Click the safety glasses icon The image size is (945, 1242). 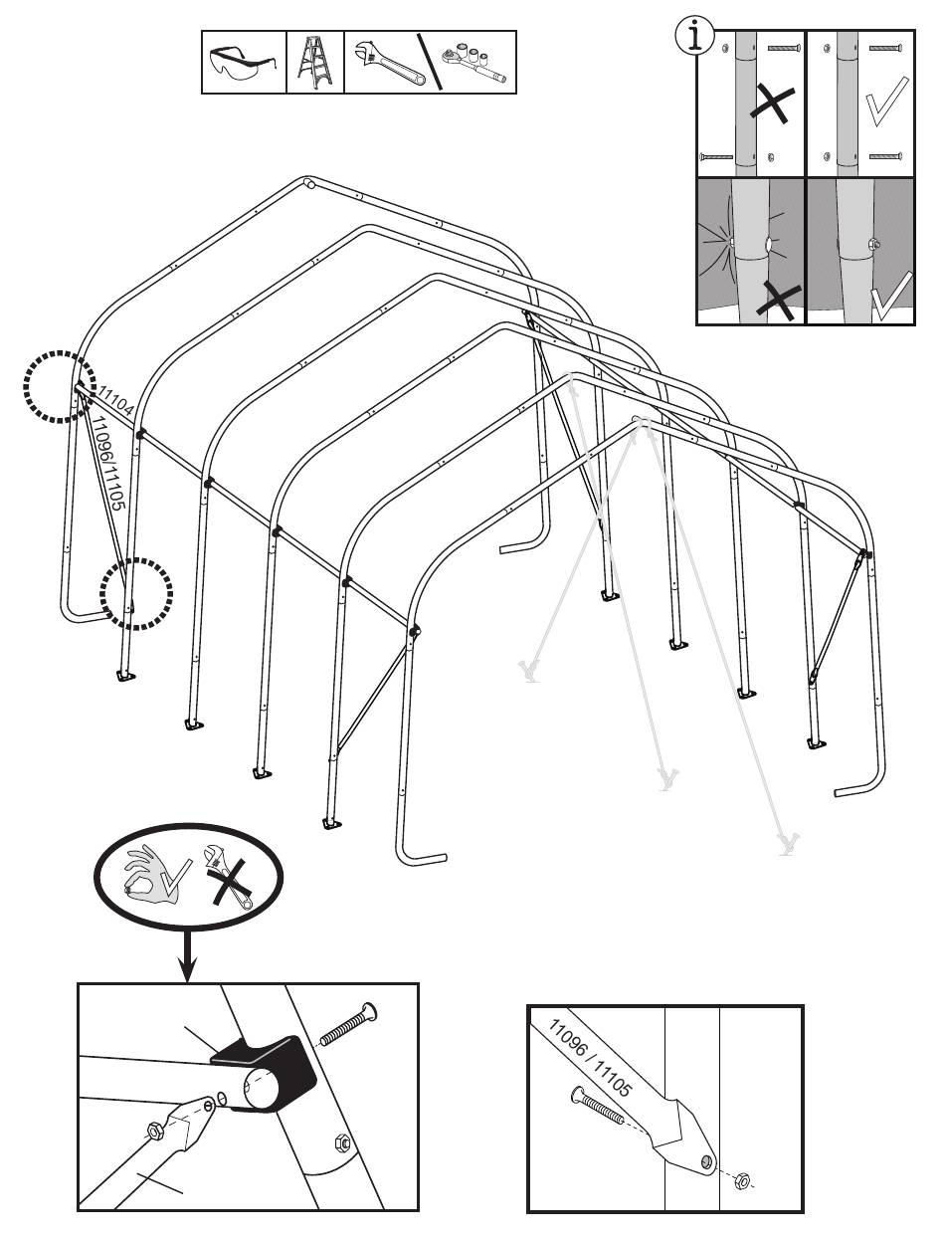click(x=243, y=64)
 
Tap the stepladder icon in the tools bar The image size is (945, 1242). click(x=315, y=63)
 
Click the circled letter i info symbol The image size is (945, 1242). click(x=695, y=35)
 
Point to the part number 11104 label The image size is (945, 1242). click(x=116, y=400)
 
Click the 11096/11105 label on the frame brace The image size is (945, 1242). click(x=108, y=464)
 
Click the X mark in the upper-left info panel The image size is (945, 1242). click(x=773, y=103)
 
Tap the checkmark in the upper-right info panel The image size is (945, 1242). click(x=886, y=102)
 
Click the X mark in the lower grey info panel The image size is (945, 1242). click(x=778, y=299)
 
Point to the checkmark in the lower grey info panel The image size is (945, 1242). click(x=892, y=296)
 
